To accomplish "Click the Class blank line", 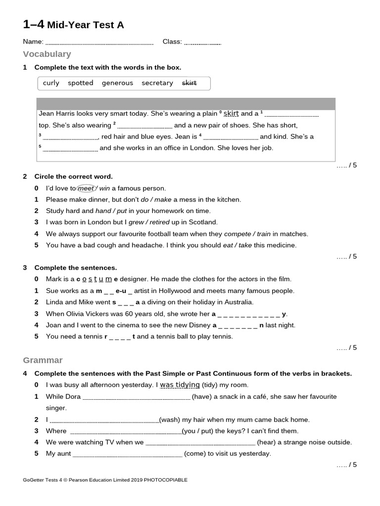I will point(202,43).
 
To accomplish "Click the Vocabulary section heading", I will point(47,54).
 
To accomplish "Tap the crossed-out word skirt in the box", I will point(190,83).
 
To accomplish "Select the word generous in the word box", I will point(117,83).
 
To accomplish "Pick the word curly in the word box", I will point(51,83).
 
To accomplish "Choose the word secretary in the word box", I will point(157,83).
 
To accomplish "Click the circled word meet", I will point(86,188).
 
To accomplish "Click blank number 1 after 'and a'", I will point(292,115).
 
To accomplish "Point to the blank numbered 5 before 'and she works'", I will point(70,149).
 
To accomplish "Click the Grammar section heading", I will point(43,360).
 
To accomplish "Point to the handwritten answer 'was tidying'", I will point(180,385).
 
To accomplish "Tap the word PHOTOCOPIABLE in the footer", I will point(166,480).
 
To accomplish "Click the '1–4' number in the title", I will point(34,24).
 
